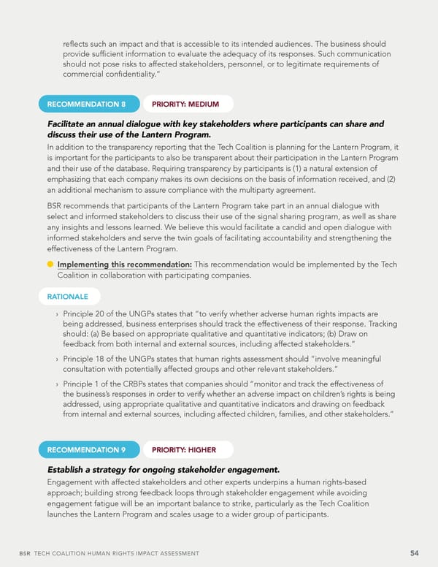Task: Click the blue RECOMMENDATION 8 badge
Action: pyautogui.click(x=86, y=104)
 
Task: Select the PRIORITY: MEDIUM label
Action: pyautogui.click(x=185, y=104)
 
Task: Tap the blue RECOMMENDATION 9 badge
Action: pyautogui.click(x=86, y=449)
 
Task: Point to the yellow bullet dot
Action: pyautogui.click(x=50, y=265)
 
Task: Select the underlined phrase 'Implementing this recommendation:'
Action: pyautogui.click(x=125, y=265)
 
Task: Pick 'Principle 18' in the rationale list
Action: pyautogui.click(x=89, y=358)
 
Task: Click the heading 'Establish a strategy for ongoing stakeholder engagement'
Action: pyautogui.click(x=163, y=469)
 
